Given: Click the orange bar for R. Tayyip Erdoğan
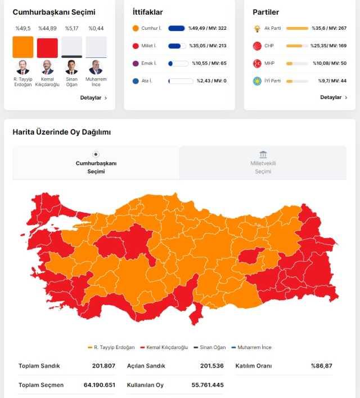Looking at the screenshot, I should pyautogui.click(x=22, y=47).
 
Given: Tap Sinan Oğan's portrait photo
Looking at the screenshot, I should pyautogui.click(x=71, y=67).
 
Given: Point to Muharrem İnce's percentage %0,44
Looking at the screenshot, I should pyautogui.click(x=96, y=28).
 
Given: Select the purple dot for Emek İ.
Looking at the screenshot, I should pyautogui.click(x=136, y=64).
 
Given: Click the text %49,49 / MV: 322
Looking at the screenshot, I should pyautogui.click(x=208, y=28).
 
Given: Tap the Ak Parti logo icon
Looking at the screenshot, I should pyautogui.click(x=257, y=28).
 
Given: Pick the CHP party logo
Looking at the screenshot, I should pyautogui.click(x=257, y=46).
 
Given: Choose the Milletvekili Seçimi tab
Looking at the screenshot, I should pyautogui.click(x=263, y=163).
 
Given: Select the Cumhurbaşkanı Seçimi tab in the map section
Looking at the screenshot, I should pyautogui.click(x=96, y=163).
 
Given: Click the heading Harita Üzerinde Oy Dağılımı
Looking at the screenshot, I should pyautogui.click(x=62, y=132).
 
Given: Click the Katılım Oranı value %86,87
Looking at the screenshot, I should pyautogui.click(x=322, y=366).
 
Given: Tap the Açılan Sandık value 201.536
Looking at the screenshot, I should pyautogui.click(x=211, y=366).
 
